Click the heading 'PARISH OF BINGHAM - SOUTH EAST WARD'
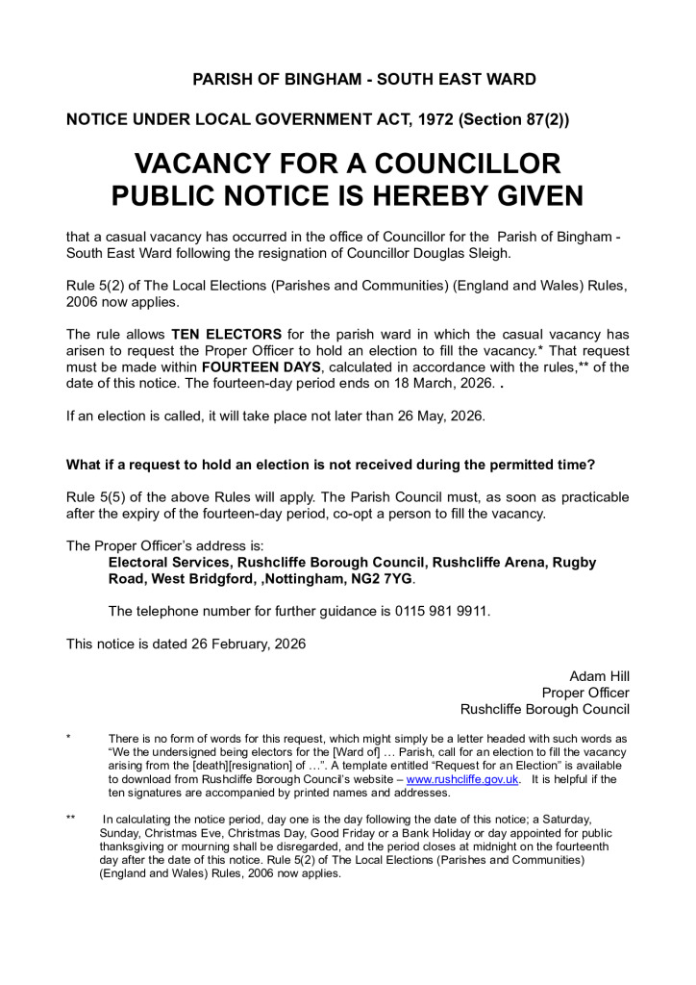coord(364,80)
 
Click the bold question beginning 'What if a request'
coord(331,465)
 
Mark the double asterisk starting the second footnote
coord(71,819)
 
